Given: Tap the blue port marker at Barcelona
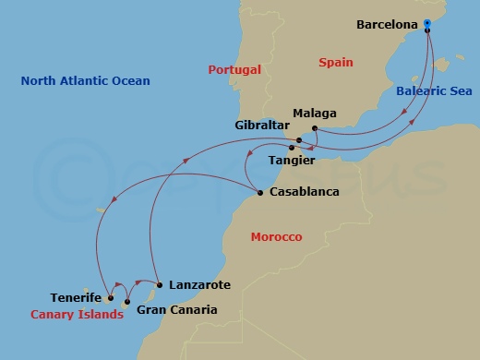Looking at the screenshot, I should pos(428,30).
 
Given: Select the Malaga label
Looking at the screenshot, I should pos(314,114).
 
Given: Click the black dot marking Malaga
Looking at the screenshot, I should pos(315,128).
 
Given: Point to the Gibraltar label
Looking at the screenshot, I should pos(262,124).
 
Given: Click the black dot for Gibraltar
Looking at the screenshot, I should pos(298,140).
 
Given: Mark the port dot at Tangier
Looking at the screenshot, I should pos(292,148).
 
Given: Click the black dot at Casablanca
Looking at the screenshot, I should pos(259,193).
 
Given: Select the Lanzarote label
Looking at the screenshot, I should pos(199,285).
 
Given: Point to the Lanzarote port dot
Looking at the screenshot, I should pos(160,284).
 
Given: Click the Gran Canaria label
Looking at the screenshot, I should pos(176,310).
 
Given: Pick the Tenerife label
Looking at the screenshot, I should pos(76,298).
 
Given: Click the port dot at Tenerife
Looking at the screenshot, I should pos(110,298).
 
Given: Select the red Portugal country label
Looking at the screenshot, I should pos(234,70).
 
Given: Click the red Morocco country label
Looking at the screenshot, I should pos(276,237).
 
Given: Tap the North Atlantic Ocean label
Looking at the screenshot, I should pos(85,81).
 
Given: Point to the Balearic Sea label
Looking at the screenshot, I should pos(434,91).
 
